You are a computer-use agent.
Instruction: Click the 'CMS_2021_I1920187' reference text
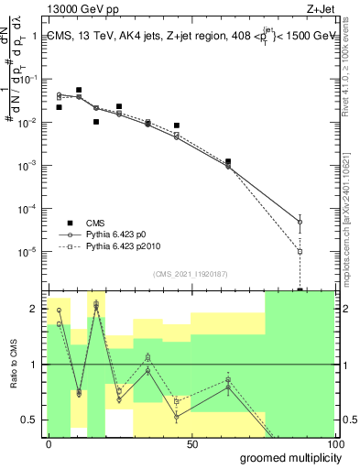[x=191, y=273]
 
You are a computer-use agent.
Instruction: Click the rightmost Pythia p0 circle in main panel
[x=300, y=222]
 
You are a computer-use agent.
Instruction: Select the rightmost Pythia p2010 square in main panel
[x=300, y=251]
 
